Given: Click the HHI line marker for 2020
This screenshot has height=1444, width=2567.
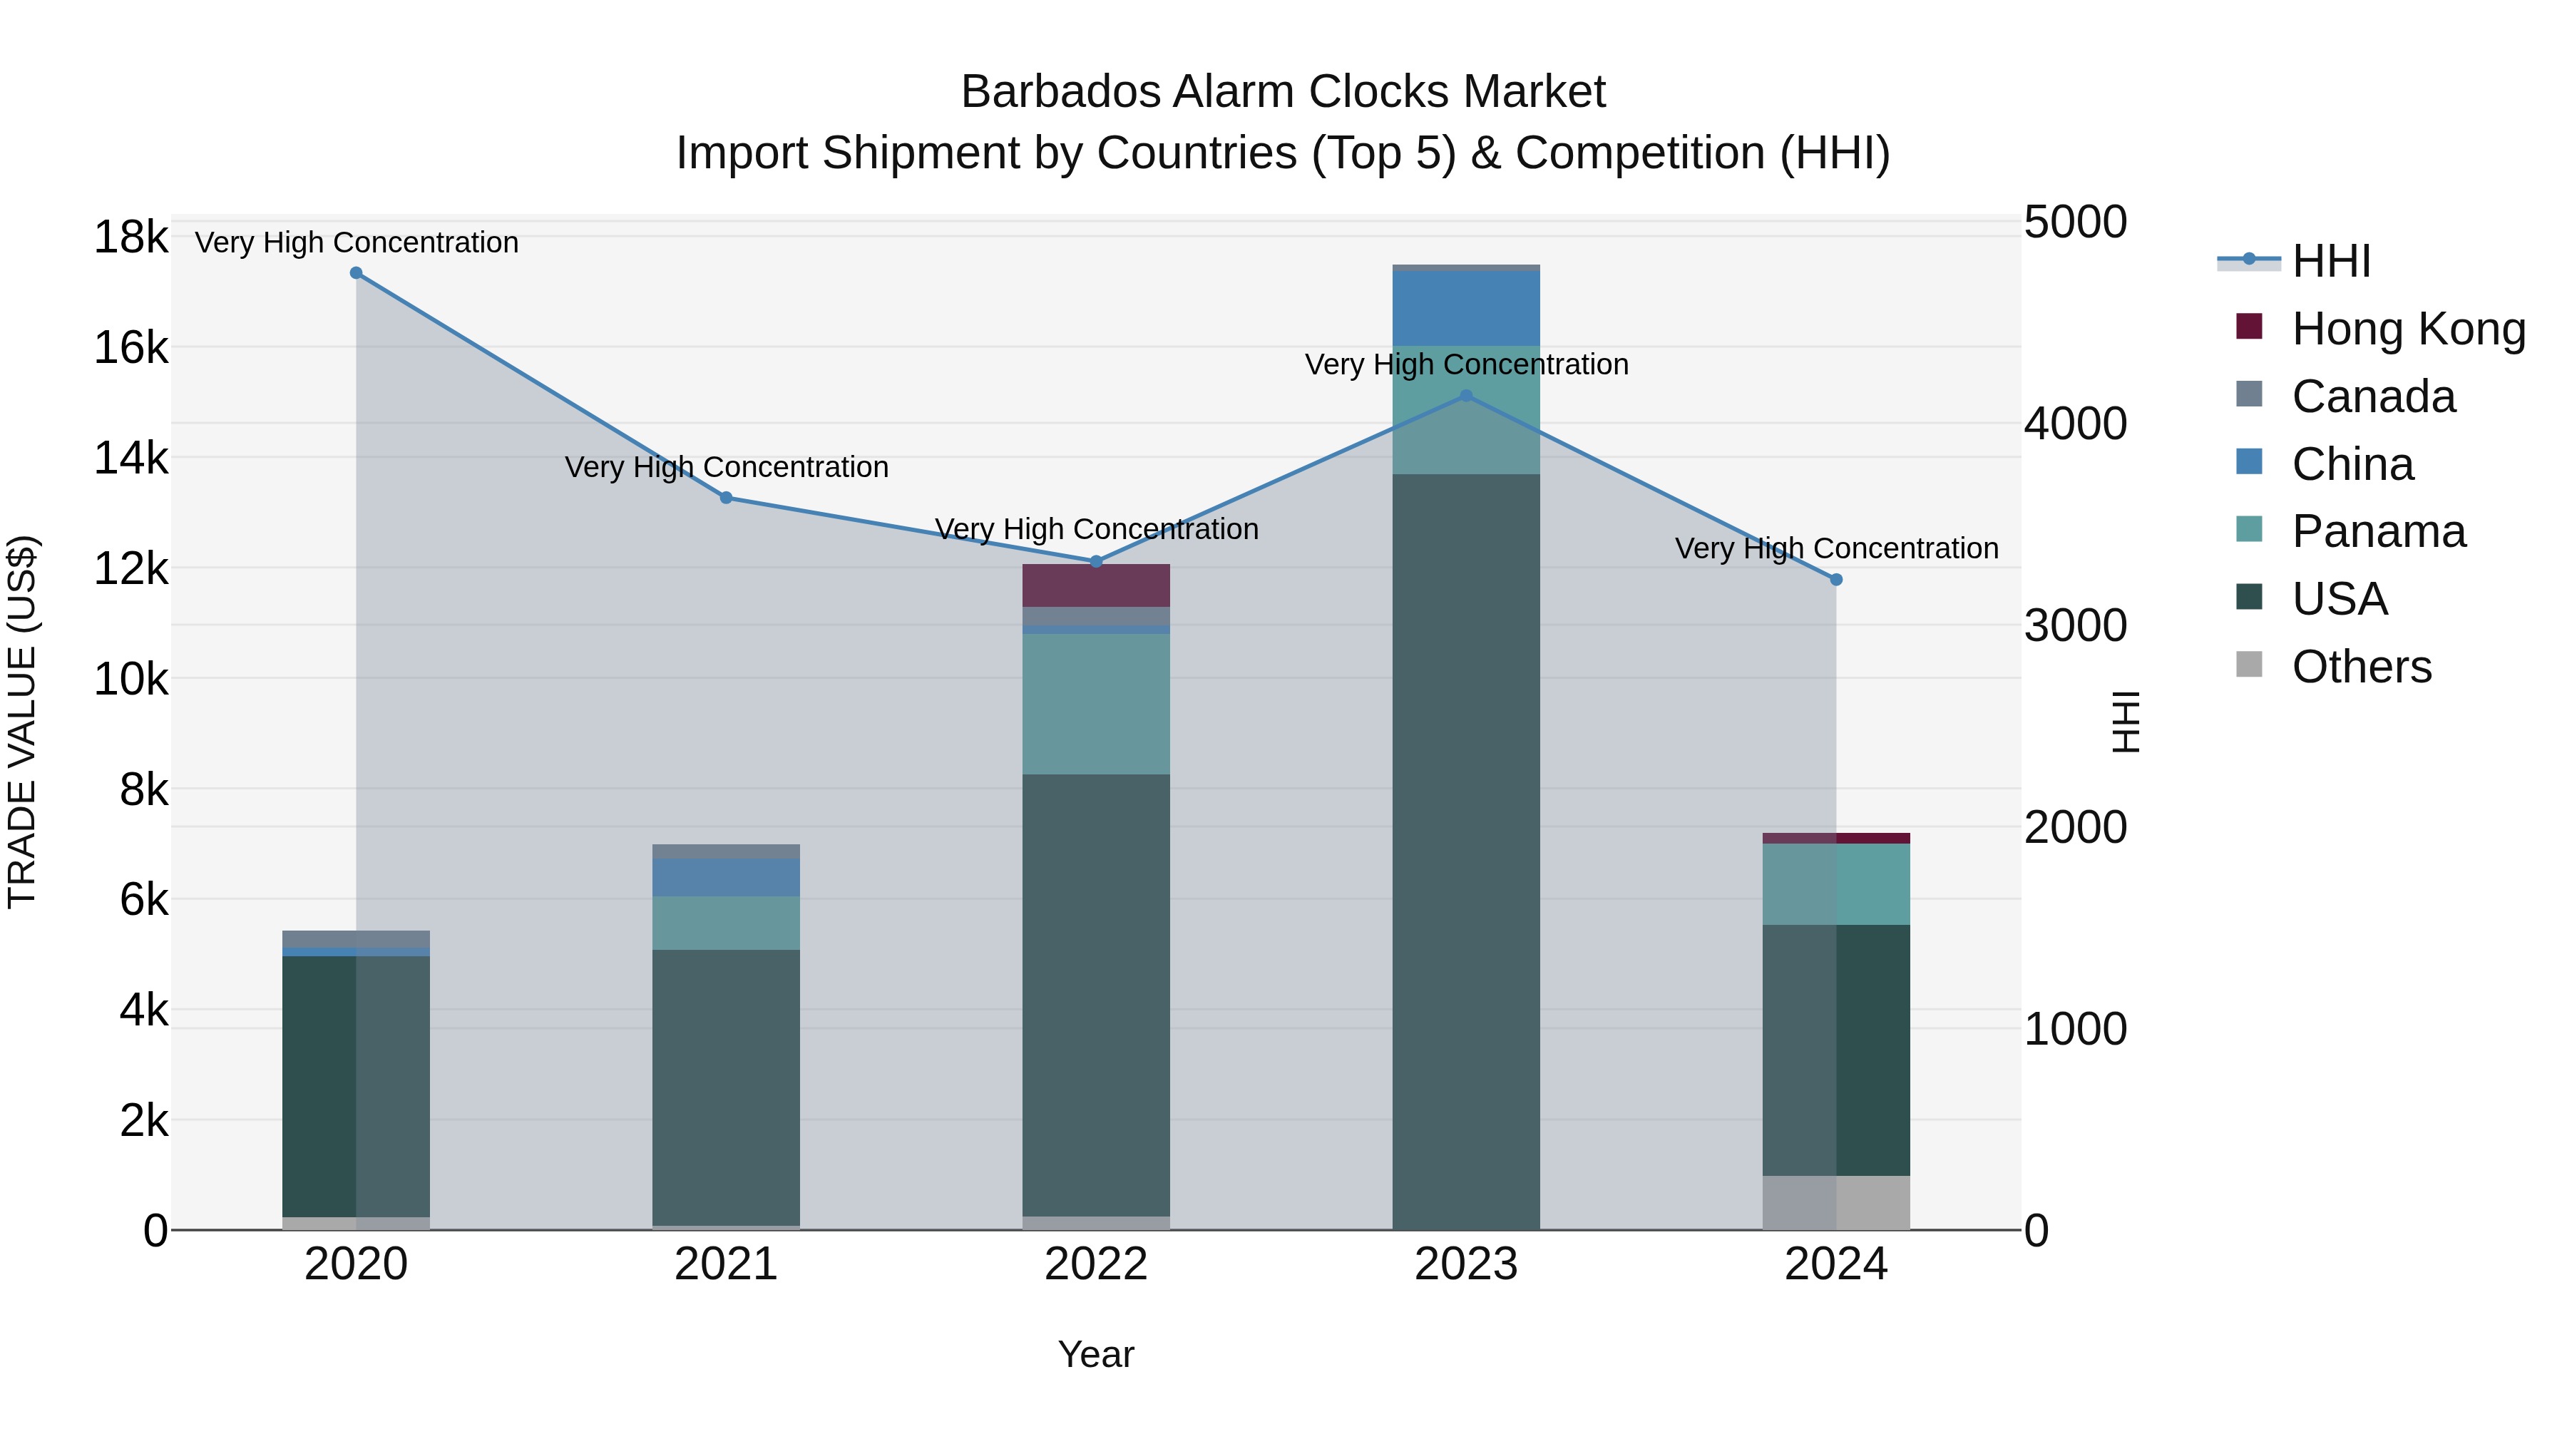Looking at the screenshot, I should click(x=356, y=273).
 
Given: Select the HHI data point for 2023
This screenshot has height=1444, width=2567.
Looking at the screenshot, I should click(x=1466, y=396).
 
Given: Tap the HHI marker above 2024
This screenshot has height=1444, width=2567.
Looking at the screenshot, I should click(x=1837, y=579).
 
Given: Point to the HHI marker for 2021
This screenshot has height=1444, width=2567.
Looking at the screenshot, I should click(x=727, y=497).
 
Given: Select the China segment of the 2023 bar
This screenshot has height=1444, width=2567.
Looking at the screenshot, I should click(x=1466, y=308).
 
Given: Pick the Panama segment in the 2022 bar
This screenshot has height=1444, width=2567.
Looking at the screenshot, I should click(x=1096, y=704).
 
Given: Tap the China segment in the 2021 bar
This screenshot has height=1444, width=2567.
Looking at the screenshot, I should click(x=727, y=877).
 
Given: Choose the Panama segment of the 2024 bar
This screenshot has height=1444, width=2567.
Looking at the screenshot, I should click(x=1837, y=884).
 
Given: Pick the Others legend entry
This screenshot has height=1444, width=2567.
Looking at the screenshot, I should click(x=2361, y=667).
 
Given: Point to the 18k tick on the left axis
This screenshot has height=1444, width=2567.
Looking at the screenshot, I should click(x=130, y=237).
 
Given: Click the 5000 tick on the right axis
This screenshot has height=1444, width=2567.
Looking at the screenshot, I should click(x=2075, y=222).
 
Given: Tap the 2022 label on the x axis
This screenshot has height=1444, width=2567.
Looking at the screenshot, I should click(x=1096, y=1264).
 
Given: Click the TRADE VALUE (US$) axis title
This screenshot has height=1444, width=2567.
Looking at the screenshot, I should click(x=22, y=722).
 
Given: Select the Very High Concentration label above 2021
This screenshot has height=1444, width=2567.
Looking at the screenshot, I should click(x=727, y=466).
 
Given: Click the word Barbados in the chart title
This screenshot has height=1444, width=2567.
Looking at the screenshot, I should click(x=1060, y=92).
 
